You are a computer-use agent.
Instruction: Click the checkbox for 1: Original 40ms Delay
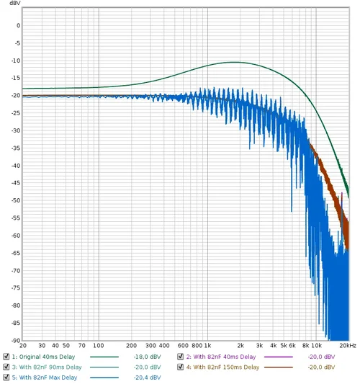pos(6,357)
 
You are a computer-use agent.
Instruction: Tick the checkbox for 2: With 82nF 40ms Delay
pos(181,357)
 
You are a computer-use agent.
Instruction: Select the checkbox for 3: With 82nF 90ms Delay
pos(6,367)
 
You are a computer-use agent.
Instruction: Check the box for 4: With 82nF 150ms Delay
pos(181,367)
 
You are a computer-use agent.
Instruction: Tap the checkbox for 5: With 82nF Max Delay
pos(6,377)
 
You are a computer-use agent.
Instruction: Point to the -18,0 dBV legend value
pos(145,357)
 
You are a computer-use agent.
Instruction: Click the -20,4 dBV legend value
pos(145,377)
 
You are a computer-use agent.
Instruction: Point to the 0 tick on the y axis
pos(17,26)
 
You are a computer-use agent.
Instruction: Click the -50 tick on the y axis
pos(14,200)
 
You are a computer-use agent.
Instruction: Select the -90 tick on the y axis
pos(14,340)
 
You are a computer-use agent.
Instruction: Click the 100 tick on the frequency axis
pos(97,346)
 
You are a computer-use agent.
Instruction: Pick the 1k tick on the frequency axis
pos(207,346)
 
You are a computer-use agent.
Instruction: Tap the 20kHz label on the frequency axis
pos(348,346)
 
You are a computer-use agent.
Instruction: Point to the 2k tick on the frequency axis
pos(240,346)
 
